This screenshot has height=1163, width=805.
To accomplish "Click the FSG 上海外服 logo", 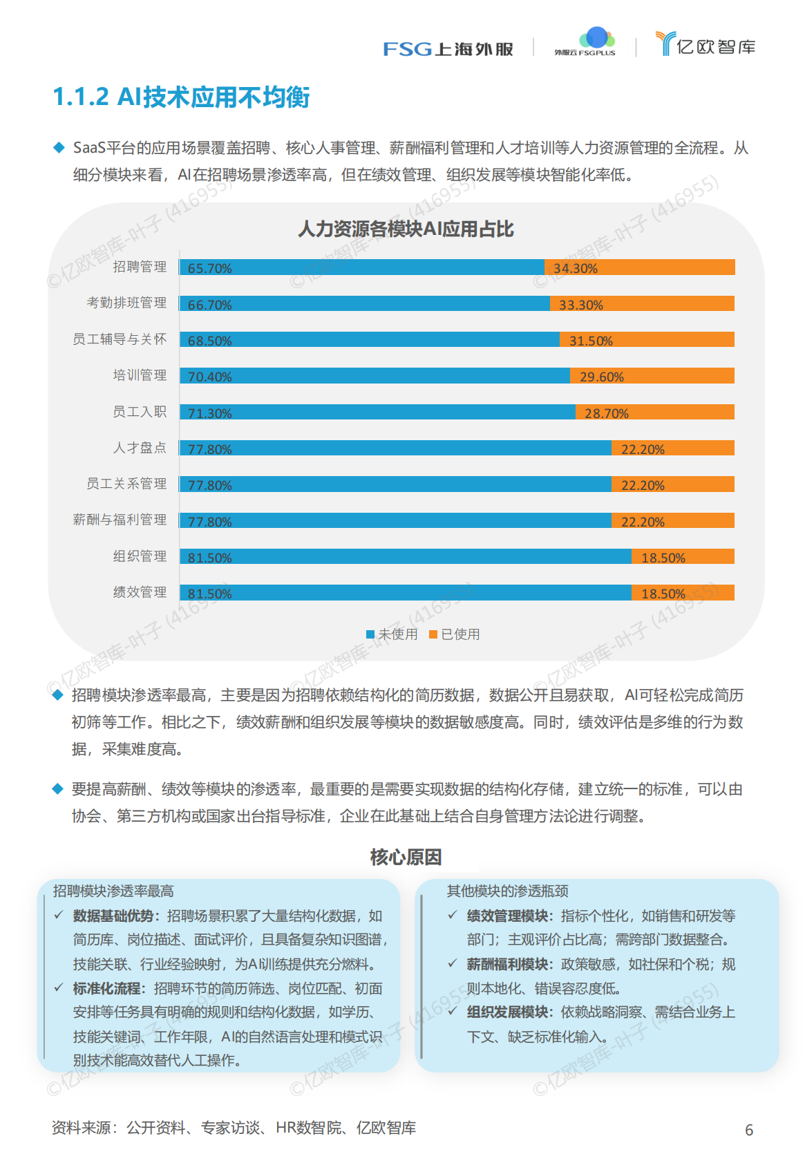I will click(448, 48).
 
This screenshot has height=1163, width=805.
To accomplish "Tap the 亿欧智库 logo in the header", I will click(705, 45).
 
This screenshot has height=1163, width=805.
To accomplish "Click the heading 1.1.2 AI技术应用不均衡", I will click(181, 97).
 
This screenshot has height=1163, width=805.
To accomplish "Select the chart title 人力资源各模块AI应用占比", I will click(406, 229).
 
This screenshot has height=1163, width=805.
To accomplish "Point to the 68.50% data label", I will click(209, 341).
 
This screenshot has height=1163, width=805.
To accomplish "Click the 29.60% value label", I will click(601, 377).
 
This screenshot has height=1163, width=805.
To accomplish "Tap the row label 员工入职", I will click(140, 412).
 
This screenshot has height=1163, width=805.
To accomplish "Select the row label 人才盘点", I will click(140, 448).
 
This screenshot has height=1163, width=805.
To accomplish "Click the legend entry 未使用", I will click(392, 634).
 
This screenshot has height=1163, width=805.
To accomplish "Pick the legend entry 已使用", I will click(455, 634).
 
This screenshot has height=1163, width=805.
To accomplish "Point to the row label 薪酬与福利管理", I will click(120, 520).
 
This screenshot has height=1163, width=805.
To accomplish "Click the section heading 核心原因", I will click(406, 857).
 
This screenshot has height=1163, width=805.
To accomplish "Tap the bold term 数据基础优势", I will click(113, 916).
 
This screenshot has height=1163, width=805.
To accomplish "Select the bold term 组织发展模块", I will click(506, 1012).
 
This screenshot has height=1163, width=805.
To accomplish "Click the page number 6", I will click(749, 1130).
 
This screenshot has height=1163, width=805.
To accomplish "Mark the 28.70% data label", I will click(606, 413).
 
